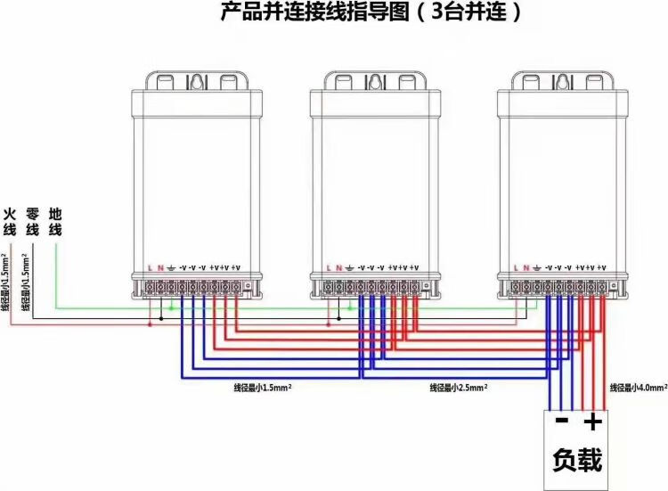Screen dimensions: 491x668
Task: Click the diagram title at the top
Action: [370, 12]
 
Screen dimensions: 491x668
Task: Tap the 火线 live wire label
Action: [10, 222]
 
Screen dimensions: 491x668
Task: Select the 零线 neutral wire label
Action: [33, 222]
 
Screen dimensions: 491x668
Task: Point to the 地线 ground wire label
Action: [55, 222]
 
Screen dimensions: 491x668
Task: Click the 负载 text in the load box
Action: [577, 460]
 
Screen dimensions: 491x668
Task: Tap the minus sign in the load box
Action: [561, 421]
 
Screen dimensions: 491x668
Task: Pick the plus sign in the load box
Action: [592, 421]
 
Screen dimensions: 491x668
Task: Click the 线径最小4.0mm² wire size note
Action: [638, 388]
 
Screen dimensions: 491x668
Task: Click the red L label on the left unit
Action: [151, 267]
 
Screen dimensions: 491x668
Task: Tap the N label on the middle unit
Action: [338, 267]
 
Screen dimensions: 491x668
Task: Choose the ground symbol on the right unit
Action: [537, 267]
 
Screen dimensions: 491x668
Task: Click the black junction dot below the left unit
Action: [161, 316]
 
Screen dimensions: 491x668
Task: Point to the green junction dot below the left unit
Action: [171, 308]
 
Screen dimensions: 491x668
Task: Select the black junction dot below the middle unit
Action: [339, 316]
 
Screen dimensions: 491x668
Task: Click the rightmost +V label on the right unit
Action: [602, 267]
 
